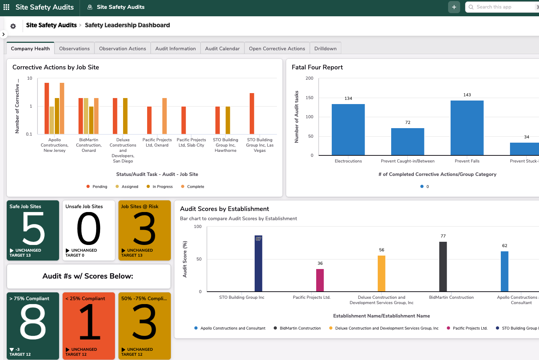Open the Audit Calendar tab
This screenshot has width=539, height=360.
tap(222, 48)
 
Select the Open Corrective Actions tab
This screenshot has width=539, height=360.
tap(277, 48)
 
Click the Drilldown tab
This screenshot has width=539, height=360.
tap(325, 48)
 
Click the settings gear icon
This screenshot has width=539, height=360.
tap(13, 26)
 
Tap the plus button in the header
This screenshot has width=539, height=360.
tap(454, 7)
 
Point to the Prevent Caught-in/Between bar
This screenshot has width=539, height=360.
tap(407, 141)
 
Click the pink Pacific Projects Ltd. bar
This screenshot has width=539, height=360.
tap(320, 280)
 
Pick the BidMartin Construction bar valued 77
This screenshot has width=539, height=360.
tap(443, 267)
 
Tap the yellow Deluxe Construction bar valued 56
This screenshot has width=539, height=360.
tap(381, 273)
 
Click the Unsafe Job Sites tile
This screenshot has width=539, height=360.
tap(89, 230)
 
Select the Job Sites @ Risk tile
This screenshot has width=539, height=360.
tap(145, 230)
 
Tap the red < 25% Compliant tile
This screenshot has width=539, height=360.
tap(89, 326)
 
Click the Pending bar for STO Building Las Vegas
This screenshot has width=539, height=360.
tap(252, 113)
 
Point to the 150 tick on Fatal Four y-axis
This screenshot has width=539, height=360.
tap(309, 98)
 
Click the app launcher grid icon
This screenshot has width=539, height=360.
tap(6, 7)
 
